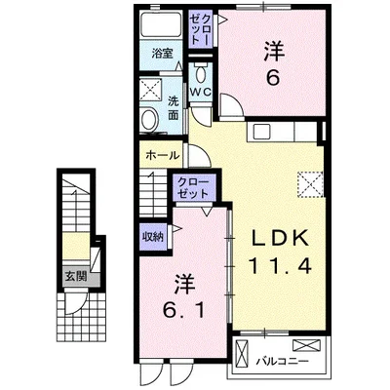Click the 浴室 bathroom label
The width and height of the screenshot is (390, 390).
(162, 54)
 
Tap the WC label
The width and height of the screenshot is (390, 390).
(201, 92)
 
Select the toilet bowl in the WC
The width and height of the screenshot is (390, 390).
(201, 75)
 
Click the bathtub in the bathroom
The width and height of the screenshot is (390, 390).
(161, 26)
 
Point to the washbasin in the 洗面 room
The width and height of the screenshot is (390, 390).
(149, 119)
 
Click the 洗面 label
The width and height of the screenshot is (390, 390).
(174, 108)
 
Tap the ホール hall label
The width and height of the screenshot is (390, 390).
(163, 155)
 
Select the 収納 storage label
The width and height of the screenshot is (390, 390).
(153, 237)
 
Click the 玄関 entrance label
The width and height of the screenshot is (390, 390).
(76, 276)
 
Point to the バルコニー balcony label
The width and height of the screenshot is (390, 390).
(282, 361)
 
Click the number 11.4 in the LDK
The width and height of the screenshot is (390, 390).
(280, 265)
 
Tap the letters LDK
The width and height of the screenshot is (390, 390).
(280, 239)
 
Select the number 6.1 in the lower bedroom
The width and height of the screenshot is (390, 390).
(184, 311)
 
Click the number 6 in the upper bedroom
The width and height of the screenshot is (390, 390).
(273, 78)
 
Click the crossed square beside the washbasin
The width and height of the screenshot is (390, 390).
(150, 90)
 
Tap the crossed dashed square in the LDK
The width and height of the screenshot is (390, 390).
(310, 184)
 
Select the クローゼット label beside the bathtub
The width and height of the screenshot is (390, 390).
(201, 29)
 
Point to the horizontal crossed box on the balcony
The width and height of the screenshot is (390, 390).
(306, 345)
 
